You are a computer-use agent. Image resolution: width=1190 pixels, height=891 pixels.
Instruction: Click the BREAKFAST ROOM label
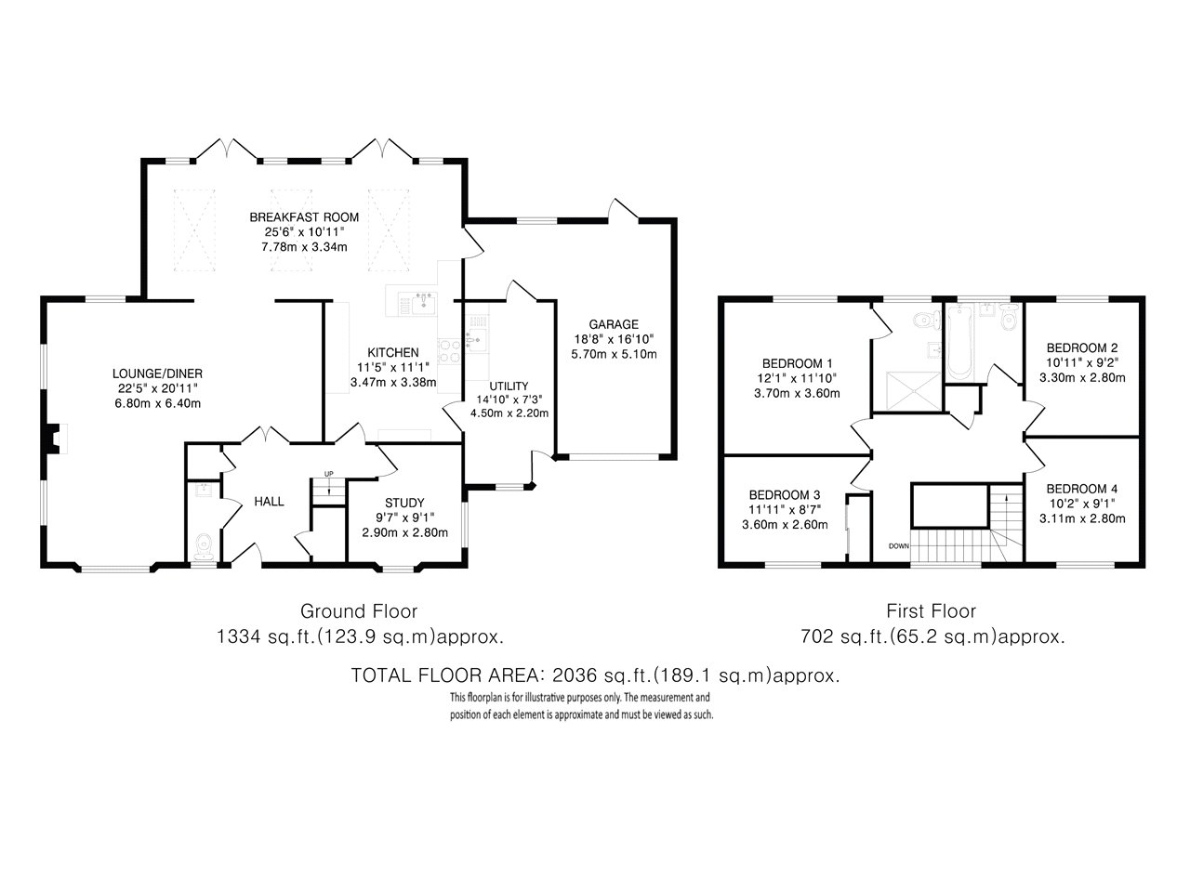(x=304, y=217)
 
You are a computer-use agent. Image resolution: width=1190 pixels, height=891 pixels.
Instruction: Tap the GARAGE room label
(x=614, y=324)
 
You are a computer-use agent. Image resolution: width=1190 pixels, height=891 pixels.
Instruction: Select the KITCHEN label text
(x=393, y=352)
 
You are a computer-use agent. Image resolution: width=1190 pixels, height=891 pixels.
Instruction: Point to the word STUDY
(x=404, y=503)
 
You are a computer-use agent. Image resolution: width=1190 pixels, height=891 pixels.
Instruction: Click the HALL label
(x=269, y=502)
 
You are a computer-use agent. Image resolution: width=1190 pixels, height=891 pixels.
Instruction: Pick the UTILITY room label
(x=509, y=387)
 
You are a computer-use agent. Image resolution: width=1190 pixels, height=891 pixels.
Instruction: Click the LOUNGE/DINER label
(x=157, y=373)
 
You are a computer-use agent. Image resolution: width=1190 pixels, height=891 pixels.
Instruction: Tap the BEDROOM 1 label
(x=797, y=363)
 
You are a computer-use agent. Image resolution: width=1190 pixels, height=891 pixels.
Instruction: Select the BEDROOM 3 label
(x=785, y=495)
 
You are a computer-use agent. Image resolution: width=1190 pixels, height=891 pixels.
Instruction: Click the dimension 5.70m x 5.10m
(x=614, y=355)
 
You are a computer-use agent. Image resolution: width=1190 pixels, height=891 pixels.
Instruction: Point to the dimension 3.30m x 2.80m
(x=1082, y=378)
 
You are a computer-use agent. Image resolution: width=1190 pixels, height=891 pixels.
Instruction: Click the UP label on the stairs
(x=328, y=474)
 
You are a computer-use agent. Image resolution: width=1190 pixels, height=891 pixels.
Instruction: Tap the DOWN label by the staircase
(x=899, y=546)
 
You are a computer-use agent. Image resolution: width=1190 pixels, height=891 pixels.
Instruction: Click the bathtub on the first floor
(x=959, y=342)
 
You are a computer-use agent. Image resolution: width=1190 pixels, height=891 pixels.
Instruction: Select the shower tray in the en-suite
(x=914, y=391)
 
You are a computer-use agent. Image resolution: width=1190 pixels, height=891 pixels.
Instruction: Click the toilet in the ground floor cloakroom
(x=204, y=547)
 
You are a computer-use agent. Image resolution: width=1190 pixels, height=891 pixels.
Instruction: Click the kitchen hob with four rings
(x=449, y=351)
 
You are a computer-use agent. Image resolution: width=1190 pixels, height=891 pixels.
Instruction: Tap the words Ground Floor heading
(x=359, y=611)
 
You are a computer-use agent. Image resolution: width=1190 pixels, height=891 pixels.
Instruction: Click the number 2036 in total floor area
(x=575, y=675)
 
